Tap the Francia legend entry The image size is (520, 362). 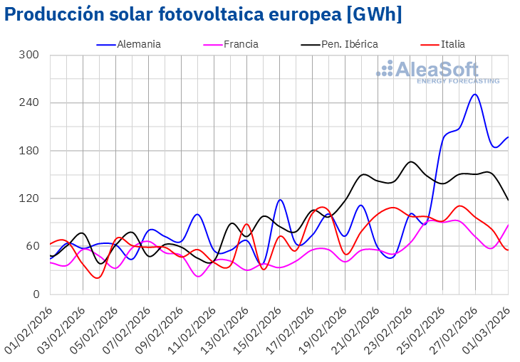point(241,44)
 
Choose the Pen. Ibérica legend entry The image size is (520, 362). point(349,44)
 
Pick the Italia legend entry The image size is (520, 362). point(452,44)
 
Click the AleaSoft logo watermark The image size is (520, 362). point(437,72)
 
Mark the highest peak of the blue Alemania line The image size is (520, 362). point(475,94)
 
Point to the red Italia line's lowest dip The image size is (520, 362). point(97,278)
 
